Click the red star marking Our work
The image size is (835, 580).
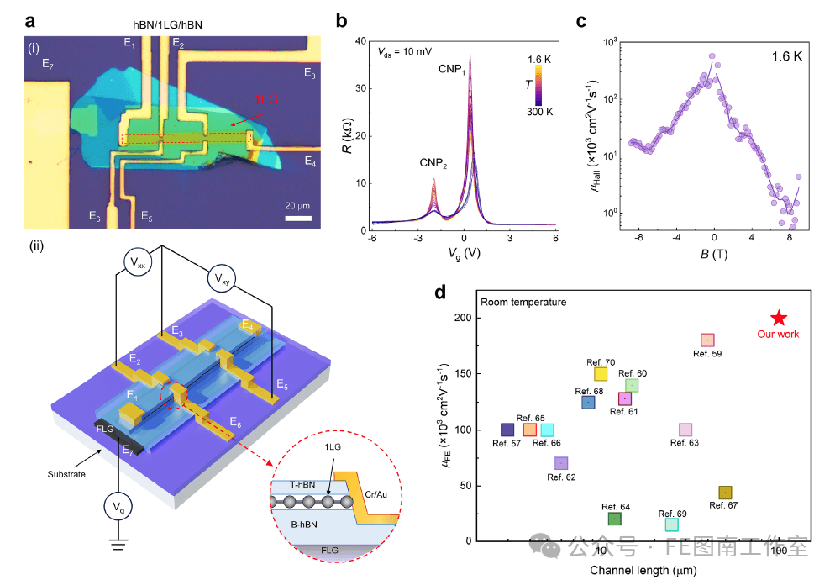[779, 318]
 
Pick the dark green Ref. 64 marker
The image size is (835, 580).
[614, 519]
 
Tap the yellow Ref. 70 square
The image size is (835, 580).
[600, 374]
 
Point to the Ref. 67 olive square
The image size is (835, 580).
[725, 493]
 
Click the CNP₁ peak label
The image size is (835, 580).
[450, 68]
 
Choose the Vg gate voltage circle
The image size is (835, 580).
[119, 507]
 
